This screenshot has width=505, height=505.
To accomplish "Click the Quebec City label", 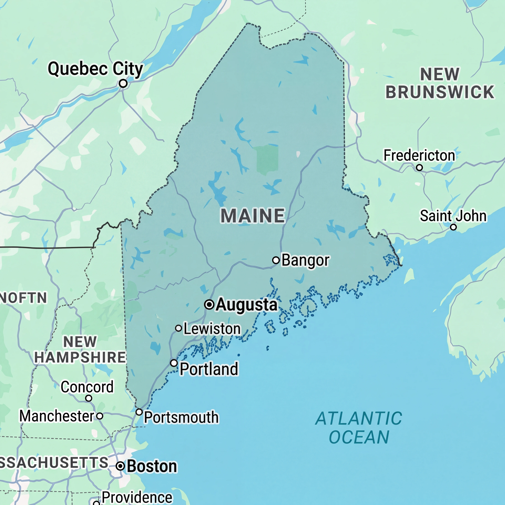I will tap(95, 69).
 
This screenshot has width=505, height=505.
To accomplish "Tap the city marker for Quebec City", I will tap(123, 84).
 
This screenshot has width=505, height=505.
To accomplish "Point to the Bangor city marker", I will tap(276, 260).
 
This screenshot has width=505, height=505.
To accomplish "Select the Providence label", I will tap(137, 497).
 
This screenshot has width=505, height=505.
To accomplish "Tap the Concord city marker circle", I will tap(89, 398).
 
